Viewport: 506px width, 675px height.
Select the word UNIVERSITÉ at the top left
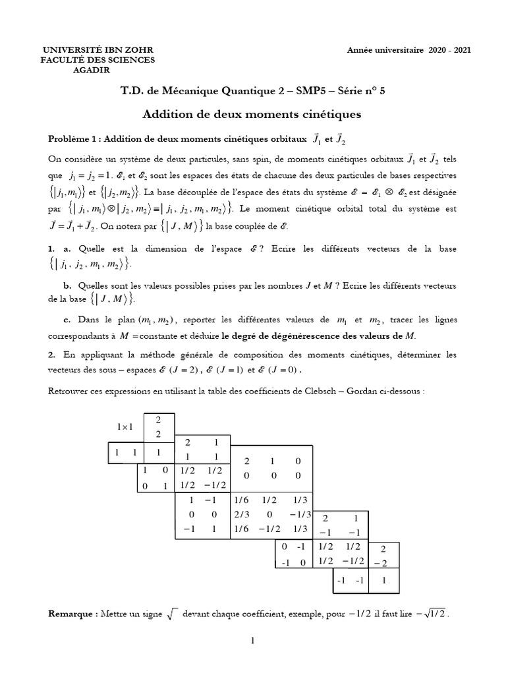point(72,50)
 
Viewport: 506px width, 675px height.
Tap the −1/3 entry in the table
point(298,514)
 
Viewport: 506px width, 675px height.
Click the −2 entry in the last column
point(385,562)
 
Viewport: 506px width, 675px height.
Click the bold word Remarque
point(72,614)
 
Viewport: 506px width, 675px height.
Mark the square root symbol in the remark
point(171,614)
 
